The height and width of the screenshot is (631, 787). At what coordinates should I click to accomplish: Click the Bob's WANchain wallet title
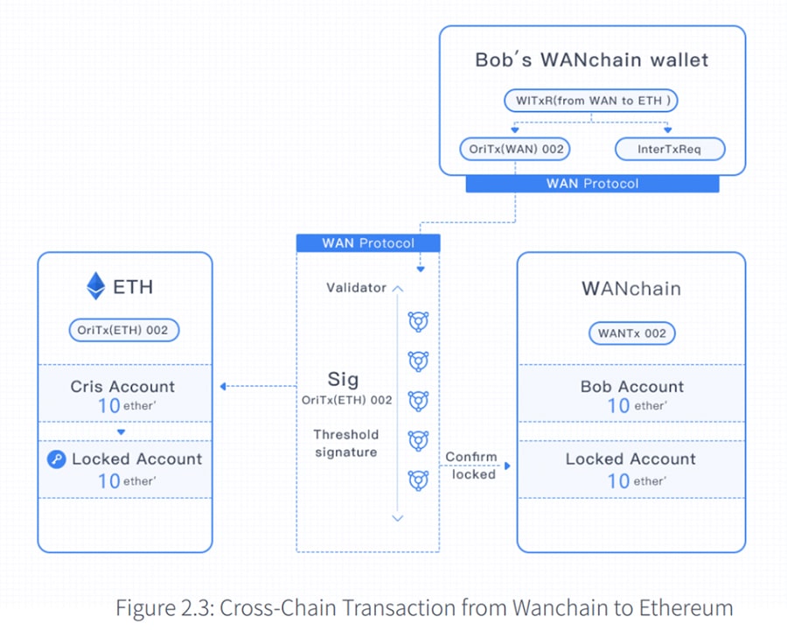[591, 60]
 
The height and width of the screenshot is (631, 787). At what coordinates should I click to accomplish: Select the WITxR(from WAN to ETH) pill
[591, 101]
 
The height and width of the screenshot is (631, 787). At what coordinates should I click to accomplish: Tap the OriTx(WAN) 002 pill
[515, 149]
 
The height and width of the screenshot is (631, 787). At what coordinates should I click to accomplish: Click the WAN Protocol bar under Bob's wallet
[592, 184]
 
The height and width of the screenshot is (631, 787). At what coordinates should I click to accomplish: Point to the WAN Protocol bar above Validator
[368, 243]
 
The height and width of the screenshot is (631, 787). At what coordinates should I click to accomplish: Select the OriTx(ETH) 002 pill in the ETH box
[123, 330]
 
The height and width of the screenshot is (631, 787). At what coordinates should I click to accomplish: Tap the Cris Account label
[122, 387]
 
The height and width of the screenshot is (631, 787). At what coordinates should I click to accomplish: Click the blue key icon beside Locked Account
[57, 459]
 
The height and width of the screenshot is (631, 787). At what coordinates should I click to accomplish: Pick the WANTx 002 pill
[631, 333]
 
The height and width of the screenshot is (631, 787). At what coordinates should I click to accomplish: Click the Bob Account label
[631, 387]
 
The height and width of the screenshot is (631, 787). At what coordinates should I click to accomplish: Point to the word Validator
[356, 288]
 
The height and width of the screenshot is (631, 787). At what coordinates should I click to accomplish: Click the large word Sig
[343, 379]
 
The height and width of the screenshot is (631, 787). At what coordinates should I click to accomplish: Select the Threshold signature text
[346, 444]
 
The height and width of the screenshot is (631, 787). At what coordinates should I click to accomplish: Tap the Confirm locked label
[472, 466]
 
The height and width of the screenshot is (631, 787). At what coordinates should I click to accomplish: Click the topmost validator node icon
[419, 322]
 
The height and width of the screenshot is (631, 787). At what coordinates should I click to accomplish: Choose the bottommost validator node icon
[419, 480]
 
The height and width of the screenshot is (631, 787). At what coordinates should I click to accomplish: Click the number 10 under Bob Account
[618, 405]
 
